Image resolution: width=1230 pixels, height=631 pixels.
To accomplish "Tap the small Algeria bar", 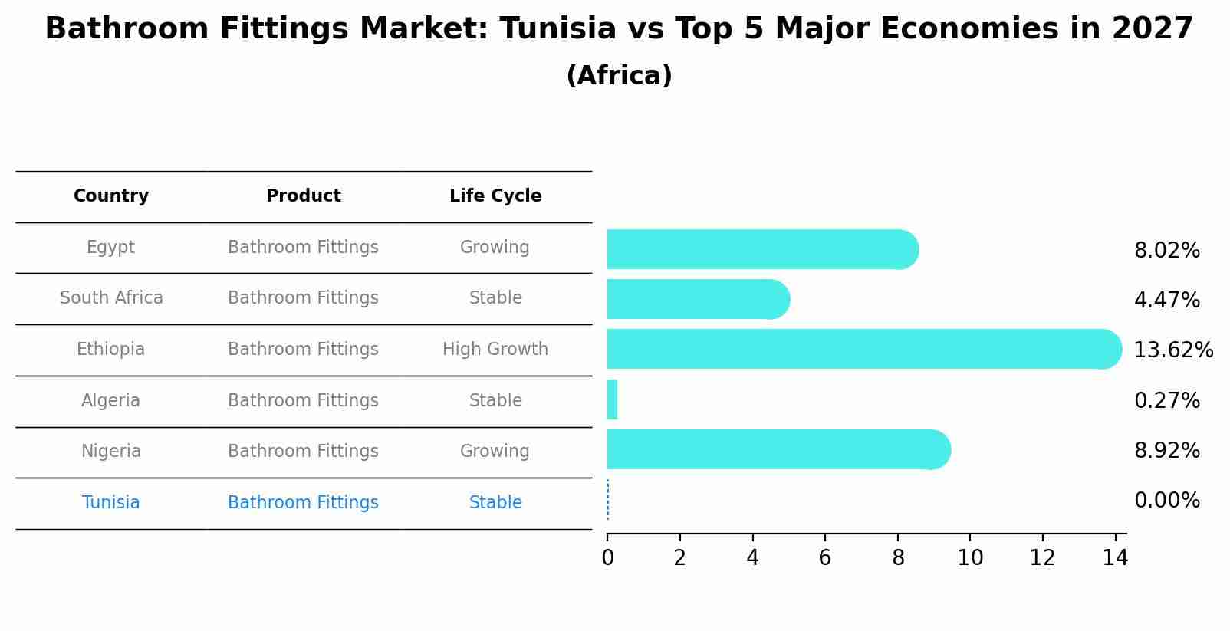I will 612,399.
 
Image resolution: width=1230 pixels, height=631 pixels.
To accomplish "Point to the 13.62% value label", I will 1172,350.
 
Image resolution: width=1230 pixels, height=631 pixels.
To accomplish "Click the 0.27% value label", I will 1166,400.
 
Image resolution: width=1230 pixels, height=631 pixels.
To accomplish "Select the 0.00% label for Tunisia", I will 1166,501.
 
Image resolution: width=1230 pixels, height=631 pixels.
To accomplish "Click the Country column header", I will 111,196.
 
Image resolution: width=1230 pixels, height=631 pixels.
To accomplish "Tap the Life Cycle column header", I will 495,196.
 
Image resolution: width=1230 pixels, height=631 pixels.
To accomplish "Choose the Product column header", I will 303,196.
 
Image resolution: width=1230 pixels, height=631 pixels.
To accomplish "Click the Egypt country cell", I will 110,248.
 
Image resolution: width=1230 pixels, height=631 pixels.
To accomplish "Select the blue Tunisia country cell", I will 110,503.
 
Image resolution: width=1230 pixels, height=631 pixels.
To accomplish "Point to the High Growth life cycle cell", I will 495,350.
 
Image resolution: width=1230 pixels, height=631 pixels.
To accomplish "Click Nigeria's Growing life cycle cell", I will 495,452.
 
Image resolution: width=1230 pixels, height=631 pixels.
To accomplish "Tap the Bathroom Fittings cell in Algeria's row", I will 303,401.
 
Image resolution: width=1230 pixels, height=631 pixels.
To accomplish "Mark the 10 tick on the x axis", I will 970,558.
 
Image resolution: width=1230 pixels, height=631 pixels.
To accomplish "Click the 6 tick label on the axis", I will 825,558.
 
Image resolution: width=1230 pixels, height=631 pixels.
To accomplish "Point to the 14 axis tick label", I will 1115,558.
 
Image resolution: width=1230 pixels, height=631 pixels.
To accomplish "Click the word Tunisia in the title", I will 557,29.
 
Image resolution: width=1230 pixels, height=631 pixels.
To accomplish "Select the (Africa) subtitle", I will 619,76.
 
